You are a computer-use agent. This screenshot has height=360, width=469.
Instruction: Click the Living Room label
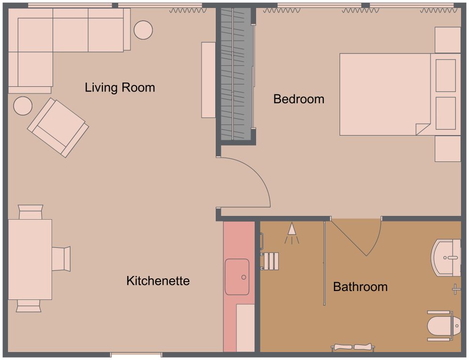(x=120, y=88)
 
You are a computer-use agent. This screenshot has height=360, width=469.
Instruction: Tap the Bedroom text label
(x=299, y=99)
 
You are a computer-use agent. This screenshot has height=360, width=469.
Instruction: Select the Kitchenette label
(x=158, y=281)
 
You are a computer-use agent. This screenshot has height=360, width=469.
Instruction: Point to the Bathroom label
(x=360, y=287)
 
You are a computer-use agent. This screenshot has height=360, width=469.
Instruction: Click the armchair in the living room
(x=58, y=127)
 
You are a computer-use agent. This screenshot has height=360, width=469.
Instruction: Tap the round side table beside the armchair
(x=23, y=106)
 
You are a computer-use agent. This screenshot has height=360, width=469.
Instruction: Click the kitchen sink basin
(x=237, y=277)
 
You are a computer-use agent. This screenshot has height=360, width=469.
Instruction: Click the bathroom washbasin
(x=446, y=258)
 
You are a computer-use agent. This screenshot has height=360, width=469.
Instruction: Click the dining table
(x=30, y=259)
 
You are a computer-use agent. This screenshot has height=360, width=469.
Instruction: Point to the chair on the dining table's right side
(x=61, y=259)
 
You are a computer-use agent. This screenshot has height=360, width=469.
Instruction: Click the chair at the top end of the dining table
(x=31, y=212)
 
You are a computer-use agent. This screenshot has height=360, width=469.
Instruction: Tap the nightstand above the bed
(x=447, y=40)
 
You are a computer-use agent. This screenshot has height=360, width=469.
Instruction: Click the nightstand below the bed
(x=447, y=148)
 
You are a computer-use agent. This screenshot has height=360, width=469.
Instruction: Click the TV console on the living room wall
(x=208, y=80)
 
